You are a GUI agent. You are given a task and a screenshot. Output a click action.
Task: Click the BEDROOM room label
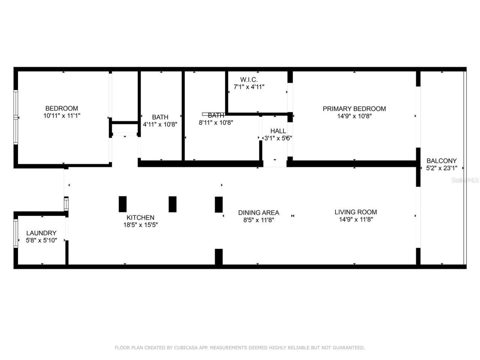(x=61, y=108)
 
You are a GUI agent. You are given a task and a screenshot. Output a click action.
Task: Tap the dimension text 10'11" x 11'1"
(x=61, y=116)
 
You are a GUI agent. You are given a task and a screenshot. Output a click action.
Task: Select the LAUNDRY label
(x=41, y=233)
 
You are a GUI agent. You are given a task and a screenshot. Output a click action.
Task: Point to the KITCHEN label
(x=140, y=217)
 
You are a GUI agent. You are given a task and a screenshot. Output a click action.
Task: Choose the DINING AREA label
(x=258, y=213)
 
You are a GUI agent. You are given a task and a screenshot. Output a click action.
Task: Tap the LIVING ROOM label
(x=355, y=212)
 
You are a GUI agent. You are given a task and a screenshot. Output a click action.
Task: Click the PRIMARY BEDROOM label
(x=354, y=109)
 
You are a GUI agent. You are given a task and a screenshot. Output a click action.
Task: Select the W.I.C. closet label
(x=249, y=79)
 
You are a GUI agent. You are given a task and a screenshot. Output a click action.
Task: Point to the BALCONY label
(x=441, y=161)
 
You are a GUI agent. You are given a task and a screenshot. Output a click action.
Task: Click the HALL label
(x=278, y=131)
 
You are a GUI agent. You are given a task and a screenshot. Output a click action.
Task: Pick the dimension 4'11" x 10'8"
(x=160, y=124)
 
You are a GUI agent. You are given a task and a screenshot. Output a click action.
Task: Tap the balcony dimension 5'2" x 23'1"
(x=441, y=168)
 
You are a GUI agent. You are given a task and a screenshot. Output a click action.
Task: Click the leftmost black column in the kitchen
(x=123, y=204)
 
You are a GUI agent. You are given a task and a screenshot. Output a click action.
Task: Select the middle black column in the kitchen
(x=172, y=204)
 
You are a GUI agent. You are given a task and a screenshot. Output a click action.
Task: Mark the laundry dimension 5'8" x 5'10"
(x=41, y=240)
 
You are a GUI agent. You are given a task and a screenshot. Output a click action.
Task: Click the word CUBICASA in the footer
(x=186, y=348)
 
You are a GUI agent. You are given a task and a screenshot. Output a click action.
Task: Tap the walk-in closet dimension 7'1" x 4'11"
(x=249, y=87)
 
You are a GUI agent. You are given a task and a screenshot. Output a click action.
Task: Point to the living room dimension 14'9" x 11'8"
(x=355, y=219)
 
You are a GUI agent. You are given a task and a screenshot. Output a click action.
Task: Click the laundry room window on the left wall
(x=16, y=233)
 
